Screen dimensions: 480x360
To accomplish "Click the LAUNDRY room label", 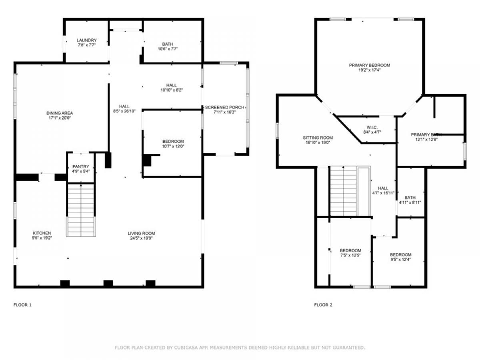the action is [86, 40].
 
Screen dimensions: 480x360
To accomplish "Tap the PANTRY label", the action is [81, 166].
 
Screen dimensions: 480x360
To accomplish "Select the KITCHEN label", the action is [42, 233].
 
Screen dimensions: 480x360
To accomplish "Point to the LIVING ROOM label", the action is [141, 233].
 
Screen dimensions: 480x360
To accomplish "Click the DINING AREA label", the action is [60, 113].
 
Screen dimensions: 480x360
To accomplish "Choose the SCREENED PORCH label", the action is [224, 107].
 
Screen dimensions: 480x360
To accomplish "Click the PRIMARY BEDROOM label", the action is [369, 65].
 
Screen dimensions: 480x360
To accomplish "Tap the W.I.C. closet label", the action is [372, 128].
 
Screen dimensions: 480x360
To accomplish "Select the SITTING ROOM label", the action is [318, 138].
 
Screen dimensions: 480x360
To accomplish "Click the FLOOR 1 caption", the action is [22, 305].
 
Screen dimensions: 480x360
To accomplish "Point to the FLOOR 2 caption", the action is [323, 305].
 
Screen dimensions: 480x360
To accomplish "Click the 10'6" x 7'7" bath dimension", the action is [168, 49].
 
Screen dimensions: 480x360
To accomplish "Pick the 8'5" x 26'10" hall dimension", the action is [124, 111].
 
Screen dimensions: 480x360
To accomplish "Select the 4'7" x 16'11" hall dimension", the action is [383, 193].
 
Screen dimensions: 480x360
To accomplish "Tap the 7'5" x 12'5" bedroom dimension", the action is [350, 255].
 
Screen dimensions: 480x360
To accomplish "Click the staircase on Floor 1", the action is [81, 210].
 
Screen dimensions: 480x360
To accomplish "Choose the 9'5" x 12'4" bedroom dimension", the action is [401, 260].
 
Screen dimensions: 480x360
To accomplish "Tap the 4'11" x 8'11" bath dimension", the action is [410, 202].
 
